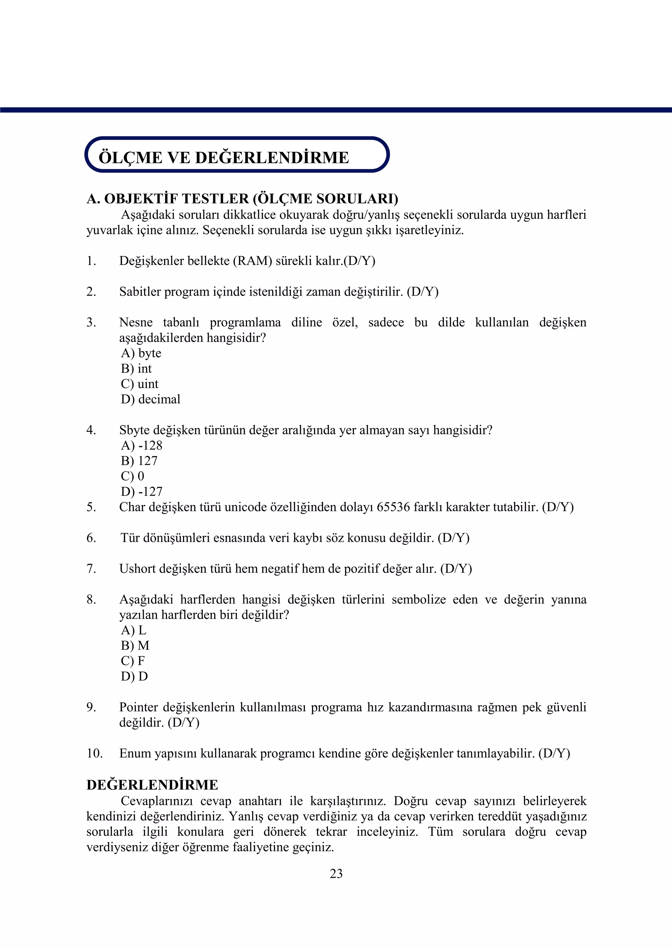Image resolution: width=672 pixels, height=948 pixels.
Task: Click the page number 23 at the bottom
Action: [336, 873]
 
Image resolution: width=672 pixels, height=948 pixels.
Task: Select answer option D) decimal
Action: [151, 399]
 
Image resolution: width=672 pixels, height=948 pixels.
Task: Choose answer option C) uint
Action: [139, 384]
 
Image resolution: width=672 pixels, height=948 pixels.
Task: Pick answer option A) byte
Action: [141, 353]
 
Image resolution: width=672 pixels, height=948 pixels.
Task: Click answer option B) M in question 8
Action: [135, 645]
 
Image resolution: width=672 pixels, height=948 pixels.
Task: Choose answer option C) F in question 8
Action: [133, 661]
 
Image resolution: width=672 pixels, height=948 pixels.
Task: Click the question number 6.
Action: [91, 538]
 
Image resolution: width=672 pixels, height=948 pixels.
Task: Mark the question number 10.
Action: [94, 753]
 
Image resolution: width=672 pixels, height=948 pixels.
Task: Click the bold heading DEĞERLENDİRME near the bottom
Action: [152, 785]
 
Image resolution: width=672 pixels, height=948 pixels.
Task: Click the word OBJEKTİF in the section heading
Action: [141, 199]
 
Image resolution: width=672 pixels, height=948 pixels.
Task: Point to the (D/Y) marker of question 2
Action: [423, 292]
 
